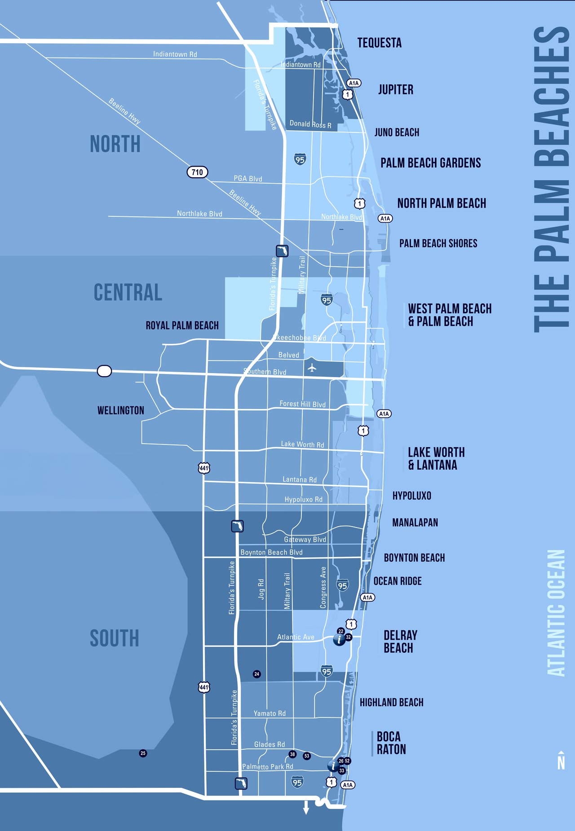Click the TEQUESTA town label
click(x=379, y=43)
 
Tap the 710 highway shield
click(x=197, y=172)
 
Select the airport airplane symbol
click(x=312, y=369)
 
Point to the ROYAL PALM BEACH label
click(x=182, y=325)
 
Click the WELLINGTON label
click(x=121, y=410)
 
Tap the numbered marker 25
click(x=143, y=753)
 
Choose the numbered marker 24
click(x=257, y=674)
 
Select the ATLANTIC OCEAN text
click(x=556, y=613)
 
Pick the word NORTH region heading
click(x=115, y=144)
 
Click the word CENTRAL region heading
click(x=128, y=292)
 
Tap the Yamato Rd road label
click(x=269, y=713)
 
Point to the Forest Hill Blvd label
click(x=302, y=404)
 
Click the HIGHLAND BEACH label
click(x=391, y=702)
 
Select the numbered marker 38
click(x=292, y=754)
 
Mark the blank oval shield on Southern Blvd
click(x=104, y=371)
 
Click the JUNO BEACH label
click(x=397, y=132)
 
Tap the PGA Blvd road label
click(x=248, y=179)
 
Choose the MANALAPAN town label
click(x=415, y=523)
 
